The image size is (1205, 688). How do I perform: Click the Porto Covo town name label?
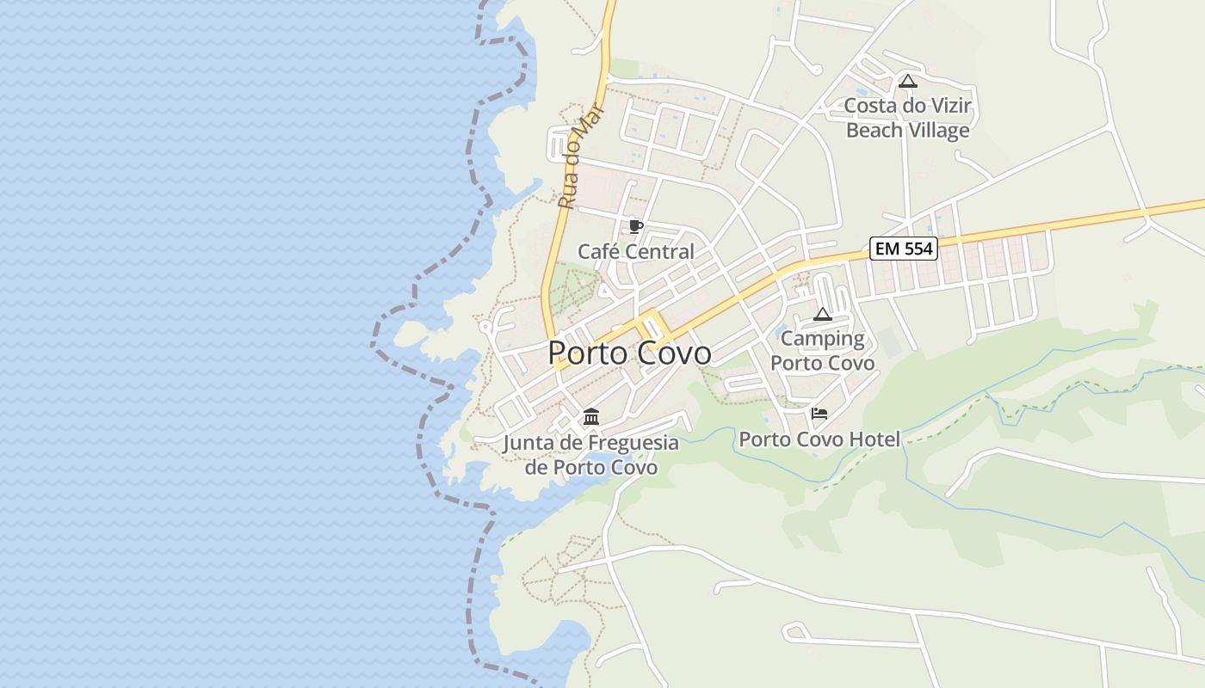pos(629,353)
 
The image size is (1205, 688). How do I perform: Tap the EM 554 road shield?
pos(903,249)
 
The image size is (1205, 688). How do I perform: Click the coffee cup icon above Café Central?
pos(635,226)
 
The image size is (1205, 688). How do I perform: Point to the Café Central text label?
pos(635,252)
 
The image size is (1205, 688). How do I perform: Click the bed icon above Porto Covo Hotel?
pos(819,414)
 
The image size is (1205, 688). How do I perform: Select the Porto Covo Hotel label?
pos(819,439)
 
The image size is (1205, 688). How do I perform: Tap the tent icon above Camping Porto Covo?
pos(823,314)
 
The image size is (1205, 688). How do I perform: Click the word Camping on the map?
pos(823,338)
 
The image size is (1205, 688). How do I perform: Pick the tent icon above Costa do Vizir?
pos(907,82)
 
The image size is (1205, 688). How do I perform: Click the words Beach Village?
pos(907,131)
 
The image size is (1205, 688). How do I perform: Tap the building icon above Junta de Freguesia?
pos(591,417)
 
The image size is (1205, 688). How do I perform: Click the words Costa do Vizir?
pos(907,106)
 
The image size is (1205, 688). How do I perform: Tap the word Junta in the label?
pos(528,443)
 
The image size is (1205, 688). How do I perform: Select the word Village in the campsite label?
pos(938,131)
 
